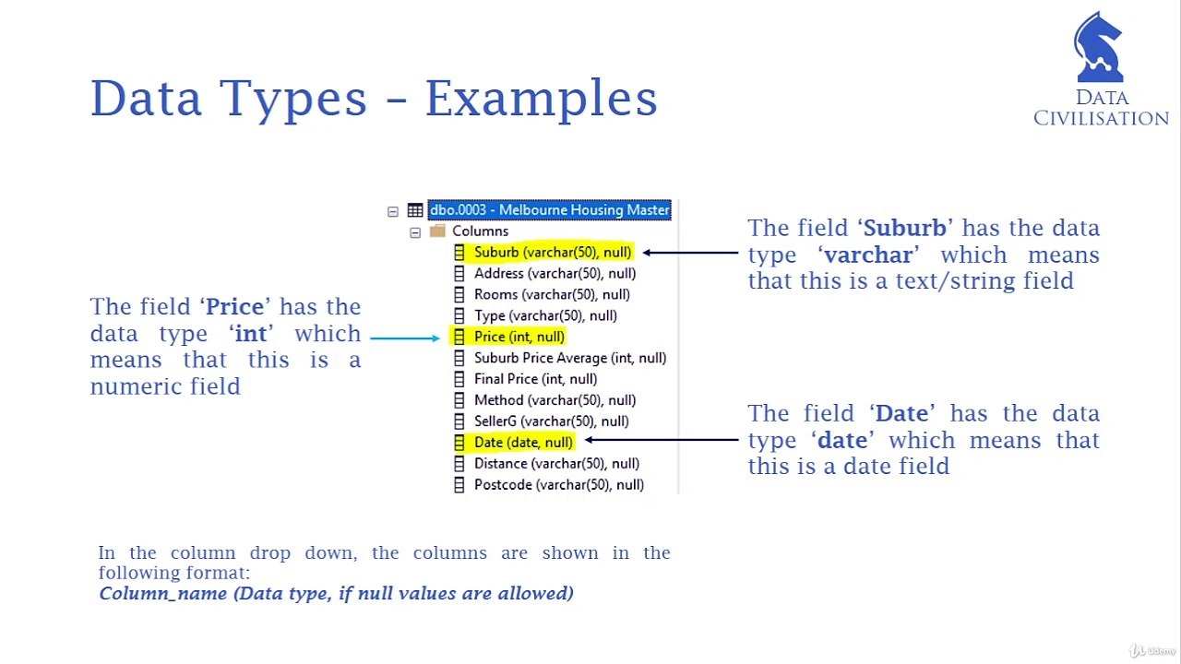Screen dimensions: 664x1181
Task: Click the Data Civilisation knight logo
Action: tap(1098, 48)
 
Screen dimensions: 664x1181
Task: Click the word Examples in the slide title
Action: tap(541, 99)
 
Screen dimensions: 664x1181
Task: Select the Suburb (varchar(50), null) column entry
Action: tap(552, 252)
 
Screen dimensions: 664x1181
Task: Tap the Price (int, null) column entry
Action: tap(519, 337)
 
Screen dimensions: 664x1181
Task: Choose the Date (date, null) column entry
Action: tap(522, 443)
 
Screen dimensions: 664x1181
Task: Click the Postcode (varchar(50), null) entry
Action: tap(558, 485)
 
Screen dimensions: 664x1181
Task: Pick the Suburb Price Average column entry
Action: tap(569, 358)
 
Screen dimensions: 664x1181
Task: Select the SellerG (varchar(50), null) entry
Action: tap(551, 421)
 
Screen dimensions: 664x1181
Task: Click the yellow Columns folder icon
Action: tap(437, 231)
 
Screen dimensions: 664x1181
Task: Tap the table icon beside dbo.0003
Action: tap(415, 210)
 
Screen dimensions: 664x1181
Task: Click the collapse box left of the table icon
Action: tap(393, 211)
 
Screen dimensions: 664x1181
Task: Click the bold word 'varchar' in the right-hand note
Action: tap(868, 255)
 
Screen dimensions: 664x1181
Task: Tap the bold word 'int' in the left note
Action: tap(251, 333)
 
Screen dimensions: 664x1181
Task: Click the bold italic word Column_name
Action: tap(163, 594)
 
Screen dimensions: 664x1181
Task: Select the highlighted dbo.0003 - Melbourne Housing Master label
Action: tap(549, 210)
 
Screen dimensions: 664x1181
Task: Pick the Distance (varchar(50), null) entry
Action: tap(556, 464)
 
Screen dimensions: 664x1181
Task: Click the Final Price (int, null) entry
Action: tap(535, 379)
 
